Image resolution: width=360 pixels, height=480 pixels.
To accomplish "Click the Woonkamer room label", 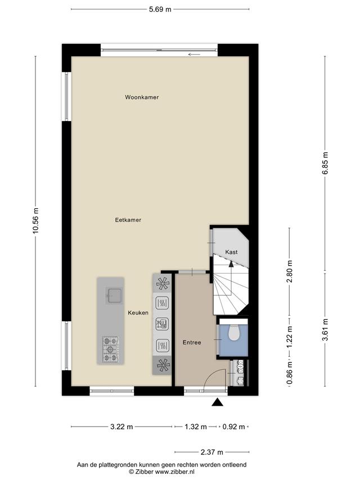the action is click(x=142, y=97).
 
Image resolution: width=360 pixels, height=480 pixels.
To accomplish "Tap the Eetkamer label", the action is click(x=128, y=220).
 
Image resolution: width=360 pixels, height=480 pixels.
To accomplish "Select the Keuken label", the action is click(x=138, y=312).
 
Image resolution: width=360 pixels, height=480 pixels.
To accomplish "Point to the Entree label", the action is click(x=192, y=343).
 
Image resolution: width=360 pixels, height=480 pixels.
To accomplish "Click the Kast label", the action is click(x=231, y=252).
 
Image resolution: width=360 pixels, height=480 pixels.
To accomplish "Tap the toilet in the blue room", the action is click(x=234, y=333).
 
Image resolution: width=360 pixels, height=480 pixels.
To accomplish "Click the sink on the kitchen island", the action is click(x=114, y=295).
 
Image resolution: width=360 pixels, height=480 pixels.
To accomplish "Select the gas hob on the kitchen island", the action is click(x=110, y=349).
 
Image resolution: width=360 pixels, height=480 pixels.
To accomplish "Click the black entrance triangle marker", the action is click(x=217, y=402).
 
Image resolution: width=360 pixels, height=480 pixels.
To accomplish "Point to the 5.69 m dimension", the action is click(x=160, y=9).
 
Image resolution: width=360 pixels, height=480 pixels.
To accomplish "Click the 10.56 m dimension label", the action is click(x=36, y=221).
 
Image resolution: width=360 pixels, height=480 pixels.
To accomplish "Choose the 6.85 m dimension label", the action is click(x=325, y=163).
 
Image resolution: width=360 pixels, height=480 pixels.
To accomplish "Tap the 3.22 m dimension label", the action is click(x=121, y=427).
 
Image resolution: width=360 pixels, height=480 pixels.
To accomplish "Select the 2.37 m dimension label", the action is click(x=212, y=452).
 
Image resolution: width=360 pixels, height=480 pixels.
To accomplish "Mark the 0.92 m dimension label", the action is click(x=233, y=427).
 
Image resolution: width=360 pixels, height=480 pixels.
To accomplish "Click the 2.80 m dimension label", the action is click(x=290, y=271).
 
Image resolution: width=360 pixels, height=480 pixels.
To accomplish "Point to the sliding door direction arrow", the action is click(x=195, y=55).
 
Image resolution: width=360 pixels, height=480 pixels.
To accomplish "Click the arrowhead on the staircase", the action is click(x=231, y=264).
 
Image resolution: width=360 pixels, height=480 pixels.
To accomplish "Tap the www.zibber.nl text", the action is click(x=175, y=472).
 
